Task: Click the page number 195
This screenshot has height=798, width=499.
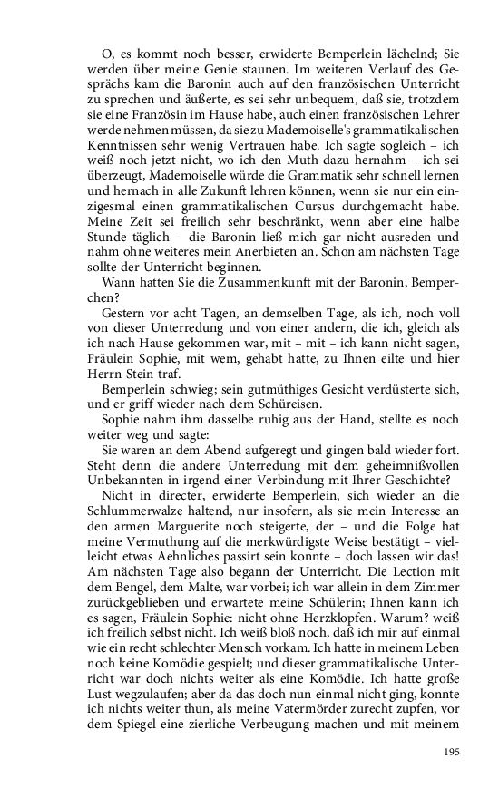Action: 452,752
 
